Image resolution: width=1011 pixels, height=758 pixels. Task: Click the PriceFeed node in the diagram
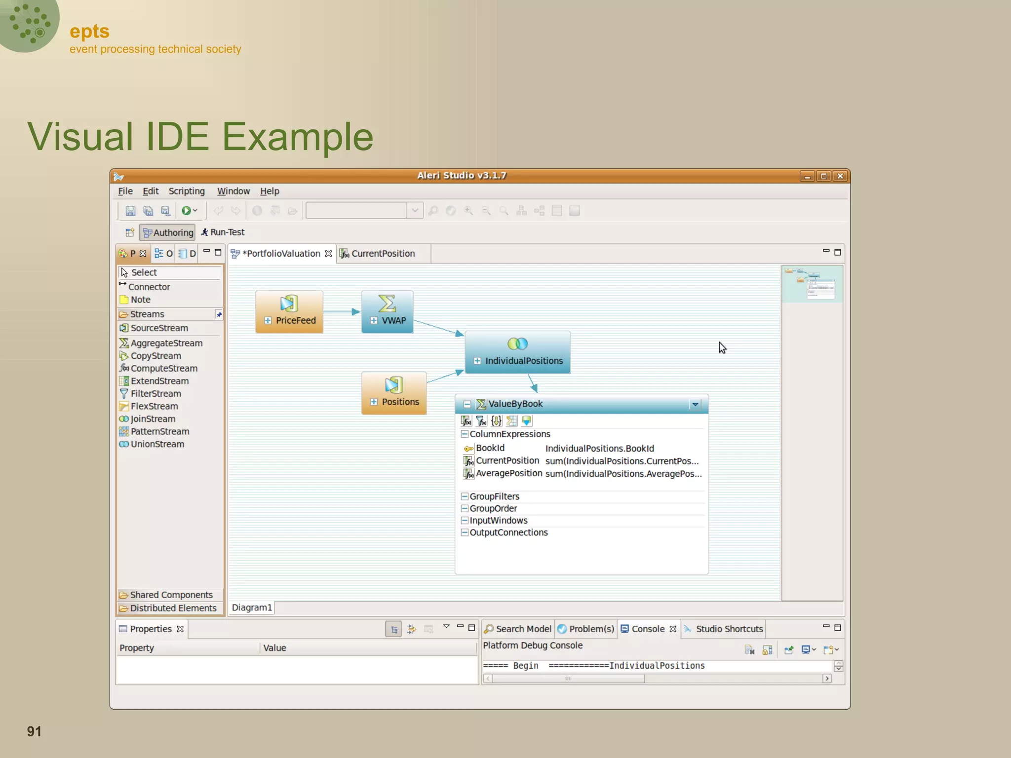[x=289, y=311]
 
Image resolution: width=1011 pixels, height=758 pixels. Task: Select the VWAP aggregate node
[x=387, y=311]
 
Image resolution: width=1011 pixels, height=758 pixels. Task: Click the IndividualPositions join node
[x=517, y=352]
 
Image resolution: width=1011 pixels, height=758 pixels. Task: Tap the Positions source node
[x=393, y=393]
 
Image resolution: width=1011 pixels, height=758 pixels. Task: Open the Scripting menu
[x=186, y=191]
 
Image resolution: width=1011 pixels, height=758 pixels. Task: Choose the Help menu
[x=270, y=191]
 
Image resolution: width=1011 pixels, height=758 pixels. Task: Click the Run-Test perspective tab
[x=223, y=232]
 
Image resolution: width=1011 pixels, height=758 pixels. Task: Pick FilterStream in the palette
[x=156, y=394]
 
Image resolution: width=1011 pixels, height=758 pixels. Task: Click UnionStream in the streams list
[x=157, y=444]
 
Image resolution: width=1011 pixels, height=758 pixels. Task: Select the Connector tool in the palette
[x=149, y=287]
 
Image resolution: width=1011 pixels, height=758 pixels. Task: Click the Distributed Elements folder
[x=173, y=608]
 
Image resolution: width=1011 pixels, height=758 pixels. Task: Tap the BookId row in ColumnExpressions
[x=490, y=448]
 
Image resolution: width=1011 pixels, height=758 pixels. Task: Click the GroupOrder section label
[x=493, y=508]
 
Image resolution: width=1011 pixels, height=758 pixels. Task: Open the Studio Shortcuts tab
[x=729, y=629]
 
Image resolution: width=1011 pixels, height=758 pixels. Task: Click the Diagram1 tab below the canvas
[x=252, y=607]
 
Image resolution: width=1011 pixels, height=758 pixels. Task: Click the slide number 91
[x=34, y=731]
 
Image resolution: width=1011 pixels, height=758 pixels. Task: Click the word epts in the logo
[x=89, y=32]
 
